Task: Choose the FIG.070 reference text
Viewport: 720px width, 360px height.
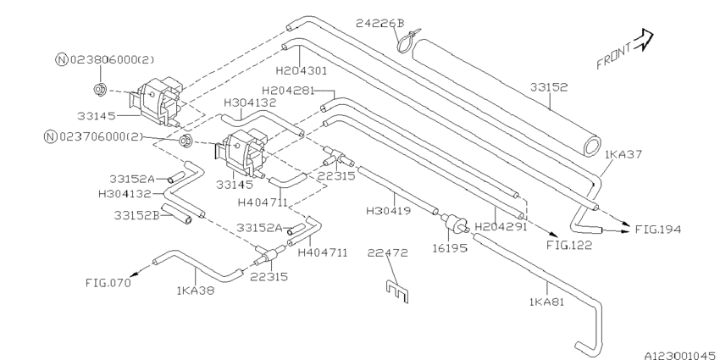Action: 108,283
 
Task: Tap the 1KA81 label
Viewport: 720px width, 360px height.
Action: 546,300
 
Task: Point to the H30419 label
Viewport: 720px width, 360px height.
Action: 389,210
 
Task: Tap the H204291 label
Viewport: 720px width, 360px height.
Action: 501,226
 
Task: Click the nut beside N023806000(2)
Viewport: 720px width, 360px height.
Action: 100,87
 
